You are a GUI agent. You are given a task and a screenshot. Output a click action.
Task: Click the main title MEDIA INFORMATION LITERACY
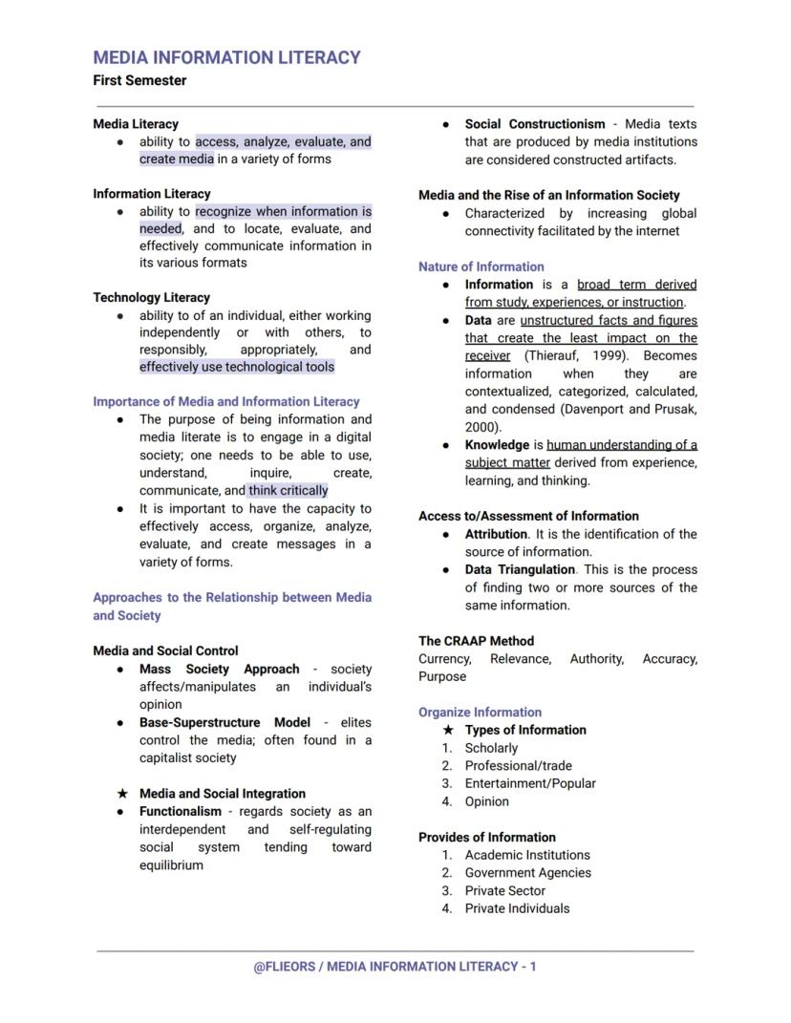(226, 57)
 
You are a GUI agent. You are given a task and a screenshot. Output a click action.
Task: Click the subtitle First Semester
(139, 81)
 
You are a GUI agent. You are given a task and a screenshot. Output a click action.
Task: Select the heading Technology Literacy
(151, 298)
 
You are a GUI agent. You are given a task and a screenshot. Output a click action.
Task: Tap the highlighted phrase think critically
(288, 491)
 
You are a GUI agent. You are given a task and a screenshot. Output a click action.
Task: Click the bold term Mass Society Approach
(219, 670)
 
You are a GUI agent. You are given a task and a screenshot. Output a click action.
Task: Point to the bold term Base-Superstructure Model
(224, 723)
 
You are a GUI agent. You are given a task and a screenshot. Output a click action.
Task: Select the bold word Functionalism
(180, 812)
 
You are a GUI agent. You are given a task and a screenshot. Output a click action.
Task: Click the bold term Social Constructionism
(534, 124)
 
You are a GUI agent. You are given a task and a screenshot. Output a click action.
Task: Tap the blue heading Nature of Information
(481, 267)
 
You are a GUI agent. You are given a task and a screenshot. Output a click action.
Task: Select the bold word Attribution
(496, 535)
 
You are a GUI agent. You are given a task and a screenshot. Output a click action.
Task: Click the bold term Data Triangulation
(520, 570)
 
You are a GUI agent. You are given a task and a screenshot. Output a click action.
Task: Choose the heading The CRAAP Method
(476, 641)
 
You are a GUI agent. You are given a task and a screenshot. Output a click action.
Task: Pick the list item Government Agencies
(527, 873)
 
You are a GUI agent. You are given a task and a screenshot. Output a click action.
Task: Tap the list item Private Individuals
(517, 908)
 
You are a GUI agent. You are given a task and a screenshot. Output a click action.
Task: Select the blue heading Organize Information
(480, 713)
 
